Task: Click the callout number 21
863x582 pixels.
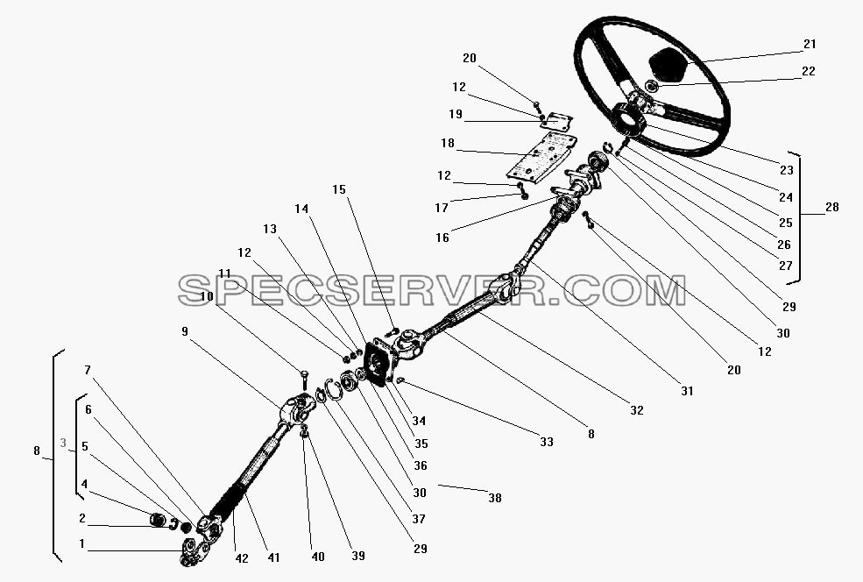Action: [810, 44]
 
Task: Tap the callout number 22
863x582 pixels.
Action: [808, 71]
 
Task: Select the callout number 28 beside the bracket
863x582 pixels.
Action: [831, 207]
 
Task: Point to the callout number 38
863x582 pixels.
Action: [495, 498]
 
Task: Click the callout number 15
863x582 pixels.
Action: [339, 189]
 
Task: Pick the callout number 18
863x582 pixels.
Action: [448, 143]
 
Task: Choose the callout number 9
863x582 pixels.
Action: [184, 331]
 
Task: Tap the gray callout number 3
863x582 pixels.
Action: [63, 443]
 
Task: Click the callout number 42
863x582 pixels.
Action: [242, 558]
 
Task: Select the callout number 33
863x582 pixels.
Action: [546, 442]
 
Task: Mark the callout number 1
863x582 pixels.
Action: [82, 544]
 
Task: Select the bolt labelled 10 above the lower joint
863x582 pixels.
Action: [304, 380]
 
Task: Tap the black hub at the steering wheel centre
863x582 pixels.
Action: [630, 118]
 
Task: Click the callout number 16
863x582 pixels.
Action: [442, 238]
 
